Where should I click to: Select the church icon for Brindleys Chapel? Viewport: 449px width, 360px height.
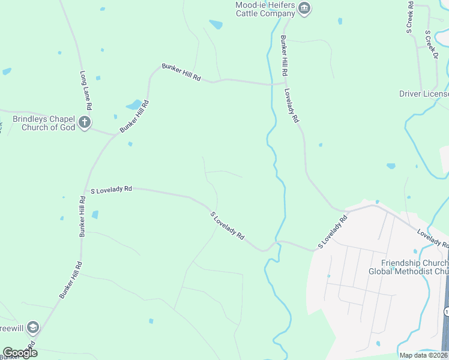(x=85, y=123)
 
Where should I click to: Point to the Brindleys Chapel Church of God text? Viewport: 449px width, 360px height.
(x=49, y=123)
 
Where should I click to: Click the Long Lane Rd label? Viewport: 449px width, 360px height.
(x=86, y=90)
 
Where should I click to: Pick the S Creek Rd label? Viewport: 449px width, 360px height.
(x=410, y=17)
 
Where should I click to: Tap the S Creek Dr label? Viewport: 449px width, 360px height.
(x=432, y=44)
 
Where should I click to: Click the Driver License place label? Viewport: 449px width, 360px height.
(x=424, y=94)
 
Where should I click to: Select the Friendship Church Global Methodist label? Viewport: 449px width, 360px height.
(x=415, y=267)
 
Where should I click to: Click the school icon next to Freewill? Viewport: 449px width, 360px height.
(x=32, y=327)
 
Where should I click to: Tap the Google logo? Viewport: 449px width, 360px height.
(x=20, y=352)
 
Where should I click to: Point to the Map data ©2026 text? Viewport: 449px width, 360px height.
(x=424, y=355)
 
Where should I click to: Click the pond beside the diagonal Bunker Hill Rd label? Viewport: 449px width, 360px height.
(x=134, y=105)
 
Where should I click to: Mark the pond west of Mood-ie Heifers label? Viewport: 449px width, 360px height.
(x=215, y=25)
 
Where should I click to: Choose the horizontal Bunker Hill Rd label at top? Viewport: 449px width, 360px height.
(x=181, y=72)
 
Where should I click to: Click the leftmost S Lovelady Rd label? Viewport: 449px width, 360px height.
(x=111, y=190)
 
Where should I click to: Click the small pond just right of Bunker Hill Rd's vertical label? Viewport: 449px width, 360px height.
(x=95, y=214)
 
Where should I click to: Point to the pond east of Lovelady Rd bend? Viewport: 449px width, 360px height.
(x=391, y=166)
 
